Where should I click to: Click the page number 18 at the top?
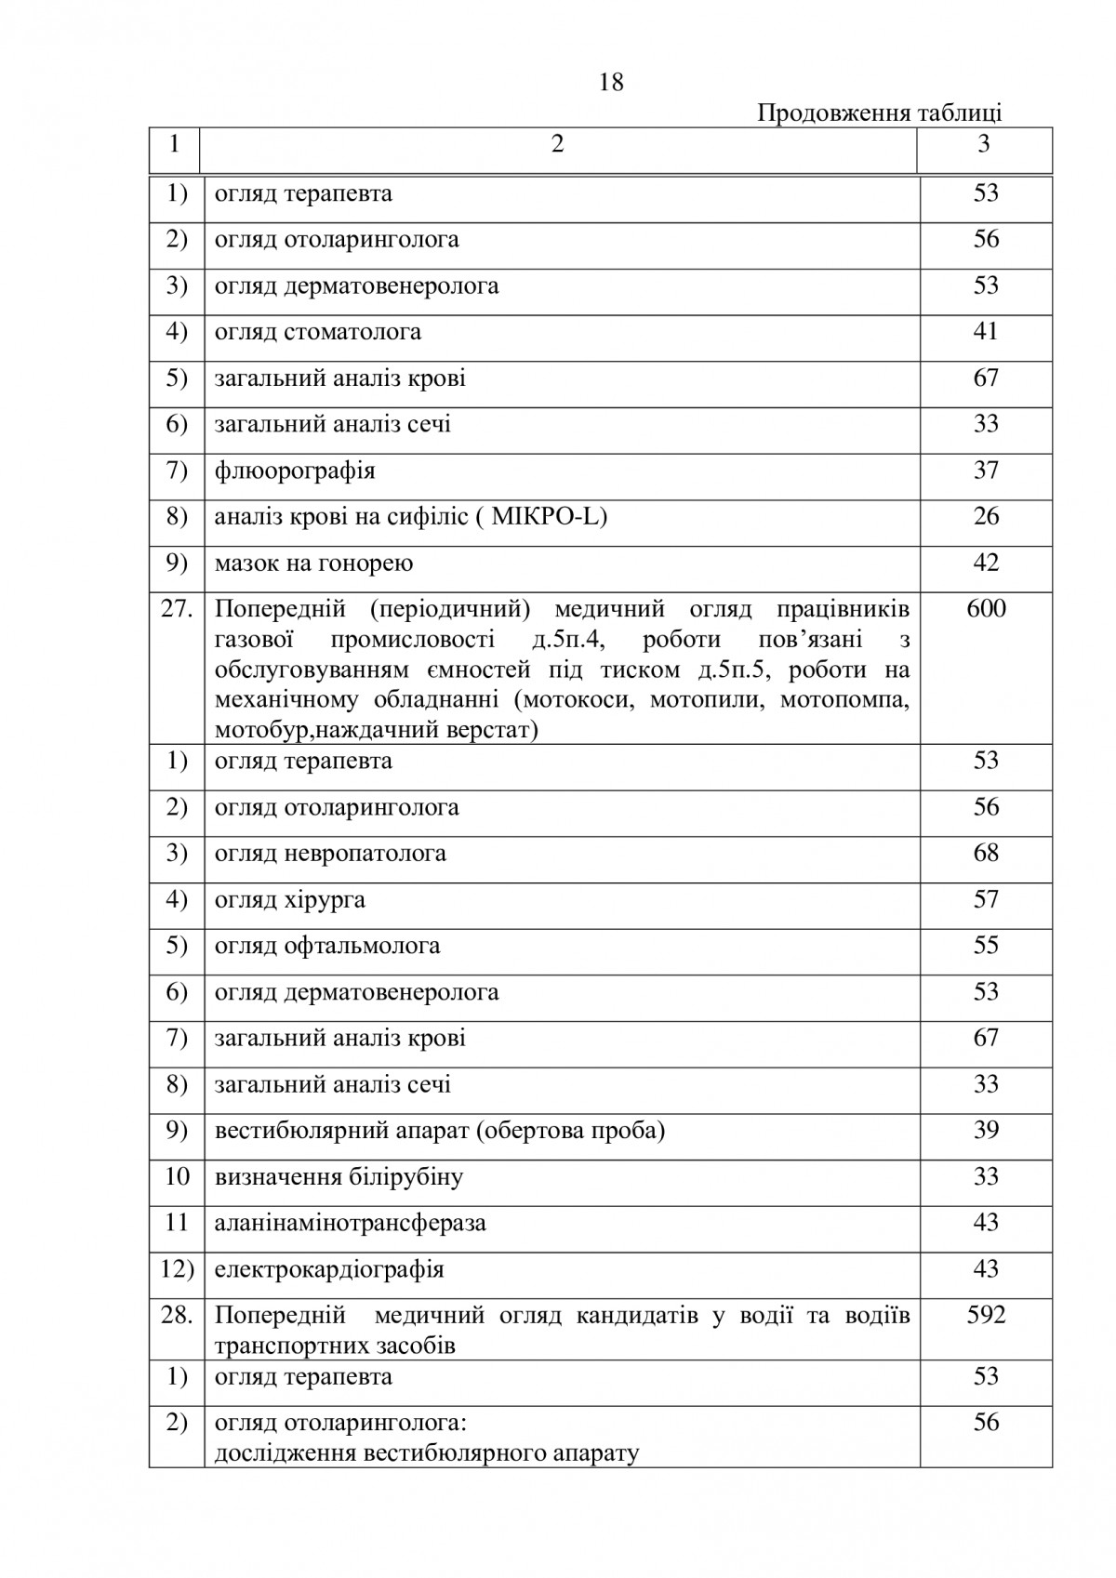[611, 83]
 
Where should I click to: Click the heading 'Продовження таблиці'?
[879, 113]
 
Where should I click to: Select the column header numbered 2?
[557, 144]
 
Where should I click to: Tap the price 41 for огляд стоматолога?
[985, 331]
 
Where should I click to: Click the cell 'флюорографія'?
[295, 471]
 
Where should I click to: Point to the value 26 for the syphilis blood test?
[985, 516]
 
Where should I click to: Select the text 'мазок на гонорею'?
[313, 563]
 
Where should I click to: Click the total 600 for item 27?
[986, 609]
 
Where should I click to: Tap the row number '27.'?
[177, 609]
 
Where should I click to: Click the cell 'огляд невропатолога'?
[330, 853]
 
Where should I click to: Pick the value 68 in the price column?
[985, 853]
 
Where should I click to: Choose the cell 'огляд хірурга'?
[289, 899]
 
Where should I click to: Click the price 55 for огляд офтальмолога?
[985, 946]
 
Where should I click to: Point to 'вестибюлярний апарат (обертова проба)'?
[440, 1131]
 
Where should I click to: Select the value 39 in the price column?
[985, 1131]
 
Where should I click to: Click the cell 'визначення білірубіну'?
[339, 1177]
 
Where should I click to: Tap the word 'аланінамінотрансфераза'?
[350, 1223]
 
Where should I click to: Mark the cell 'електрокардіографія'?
[329, 1269]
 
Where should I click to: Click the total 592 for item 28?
[986, 1316]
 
